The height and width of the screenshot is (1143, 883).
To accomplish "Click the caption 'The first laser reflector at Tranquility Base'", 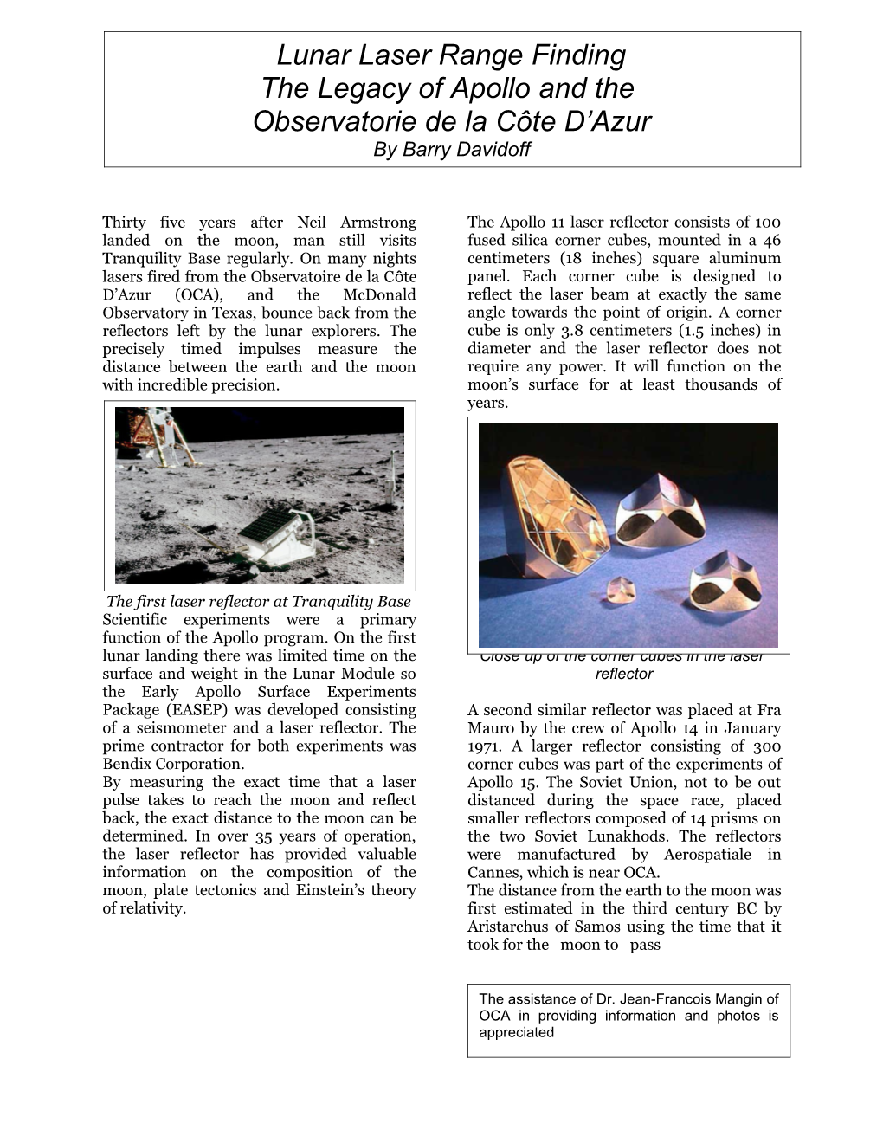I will pos(258,603).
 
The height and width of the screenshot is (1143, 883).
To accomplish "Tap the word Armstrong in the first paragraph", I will pos(378,223).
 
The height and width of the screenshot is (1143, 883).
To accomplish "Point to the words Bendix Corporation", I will pos(173,764).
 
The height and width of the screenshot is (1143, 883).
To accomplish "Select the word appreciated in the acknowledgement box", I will pos(517,1032).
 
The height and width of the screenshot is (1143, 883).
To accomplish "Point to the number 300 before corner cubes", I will pos(766,746).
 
